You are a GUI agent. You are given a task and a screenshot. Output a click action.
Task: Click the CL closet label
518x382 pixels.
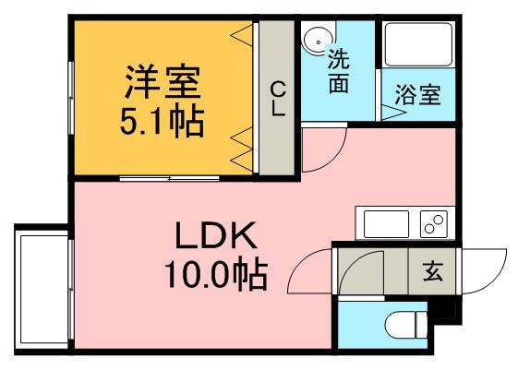(x=277, y=98)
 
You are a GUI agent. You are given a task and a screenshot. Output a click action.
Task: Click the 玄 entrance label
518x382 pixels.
(x=432, y=272)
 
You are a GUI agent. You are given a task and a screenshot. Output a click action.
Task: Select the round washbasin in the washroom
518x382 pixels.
(x=317, y=40)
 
